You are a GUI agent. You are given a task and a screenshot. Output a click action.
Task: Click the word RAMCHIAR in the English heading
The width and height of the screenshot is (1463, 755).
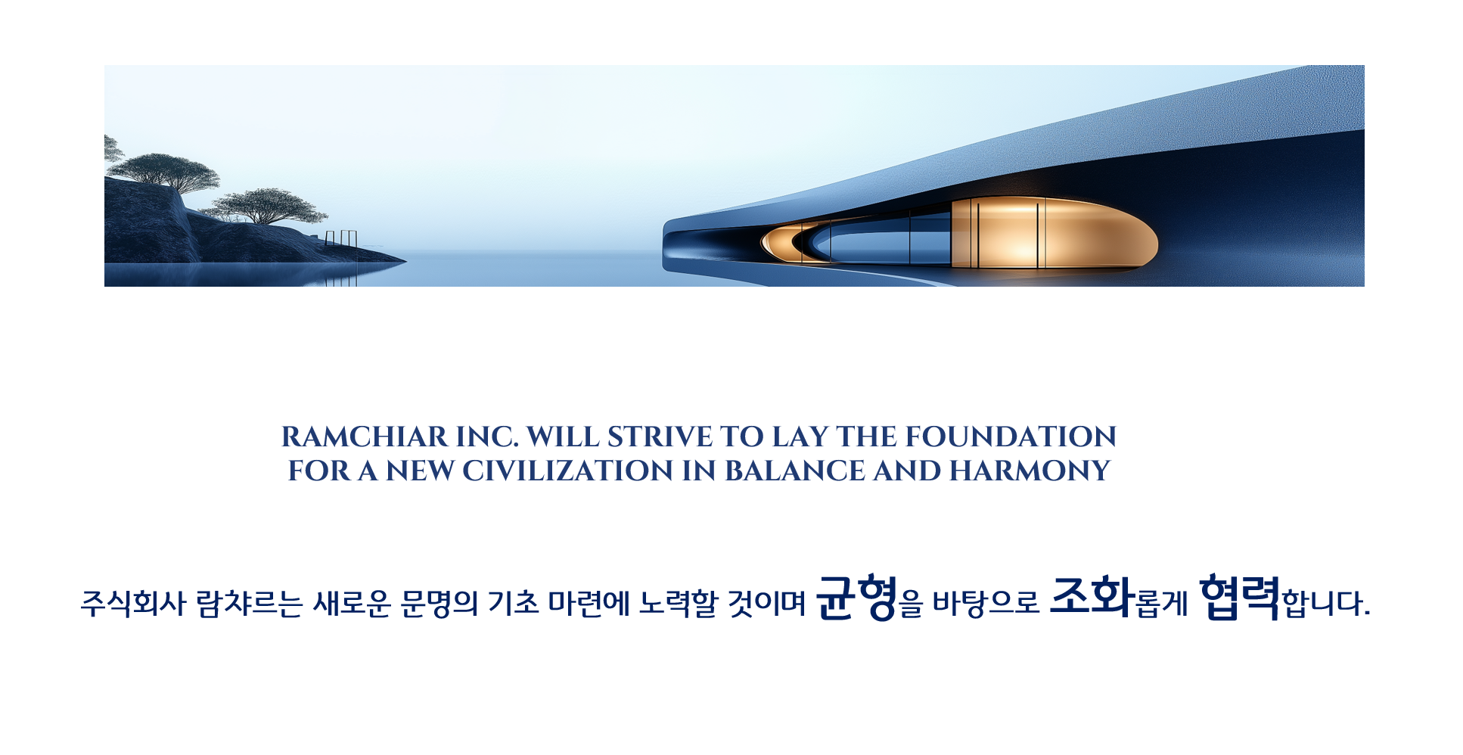[365, 437]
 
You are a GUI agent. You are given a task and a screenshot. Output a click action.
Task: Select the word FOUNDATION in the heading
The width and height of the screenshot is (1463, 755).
[1011, 437]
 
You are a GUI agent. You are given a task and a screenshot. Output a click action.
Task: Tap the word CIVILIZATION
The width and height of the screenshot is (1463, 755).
[567, 471]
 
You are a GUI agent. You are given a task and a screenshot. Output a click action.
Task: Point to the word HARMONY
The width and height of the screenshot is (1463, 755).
[1030, 471]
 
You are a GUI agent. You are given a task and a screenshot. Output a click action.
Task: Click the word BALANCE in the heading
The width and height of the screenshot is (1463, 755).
[795, 471]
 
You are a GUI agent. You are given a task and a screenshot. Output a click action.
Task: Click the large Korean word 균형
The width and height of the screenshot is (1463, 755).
[857, 598]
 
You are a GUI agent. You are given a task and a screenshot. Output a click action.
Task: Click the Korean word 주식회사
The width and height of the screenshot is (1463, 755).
[133, 604]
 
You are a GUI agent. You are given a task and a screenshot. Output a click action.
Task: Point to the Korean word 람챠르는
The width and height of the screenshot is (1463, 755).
[250, 604]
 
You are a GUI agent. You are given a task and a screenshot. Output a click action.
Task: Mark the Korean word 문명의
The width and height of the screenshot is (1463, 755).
[439, 604]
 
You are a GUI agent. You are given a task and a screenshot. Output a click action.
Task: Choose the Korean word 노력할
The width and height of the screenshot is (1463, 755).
[678, 604]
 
